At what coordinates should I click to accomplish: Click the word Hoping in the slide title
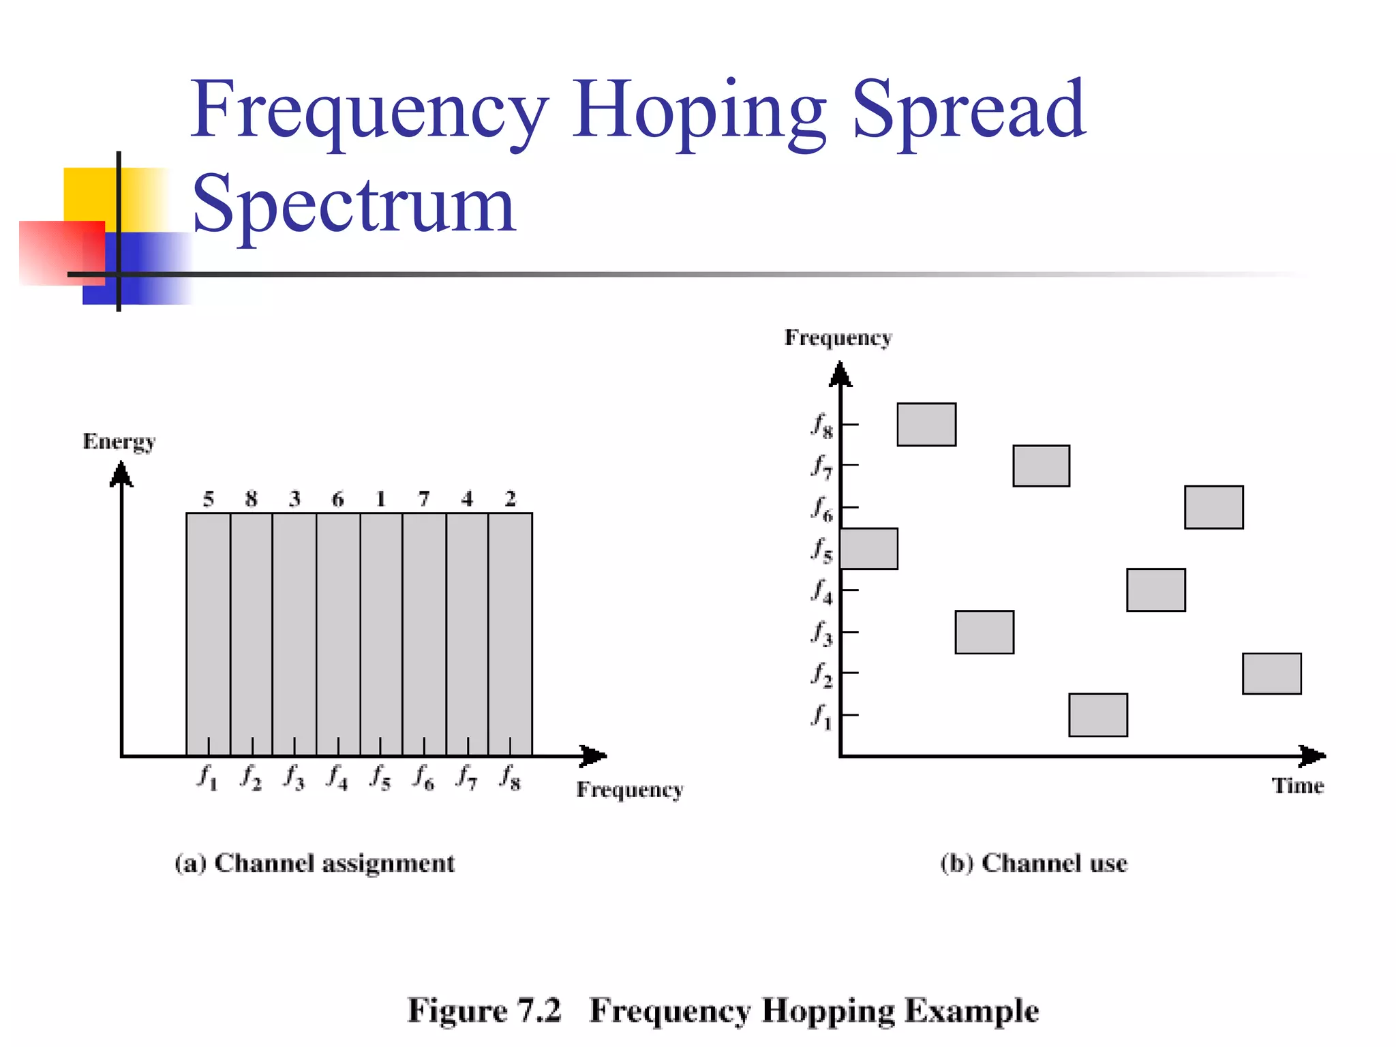699,112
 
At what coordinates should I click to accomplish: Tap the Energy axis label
119,442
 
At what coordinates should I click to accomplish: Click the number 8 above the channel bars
252,499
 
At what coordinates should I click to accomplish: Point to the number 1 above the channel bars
381,499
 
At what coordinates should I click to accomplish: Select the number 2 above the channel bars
511,499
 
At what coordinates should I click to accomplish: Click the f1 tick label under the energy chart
207,777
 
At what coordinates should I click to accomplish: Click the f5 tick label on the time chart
821,550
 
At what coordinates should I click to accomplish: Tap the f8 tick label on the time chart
821,425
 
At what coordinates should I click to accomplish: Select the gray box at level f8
926,425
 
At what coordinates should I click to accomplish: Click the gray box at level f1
1097,715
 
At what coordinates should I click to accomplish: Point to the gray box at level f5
869,549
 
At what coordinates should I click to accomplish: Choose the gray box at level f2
1271,673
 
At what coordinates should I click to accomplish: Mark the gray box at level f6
1213,507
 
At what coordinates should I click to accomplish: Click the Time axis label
1297,786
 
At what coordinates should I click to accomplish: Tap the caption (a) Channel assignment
314,864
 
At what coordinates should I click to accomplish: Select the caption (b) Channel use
1033,864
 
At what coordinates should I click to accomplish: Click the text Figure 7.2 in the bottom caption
484,1010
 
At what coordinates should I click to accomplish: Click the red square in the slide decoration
61,252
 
